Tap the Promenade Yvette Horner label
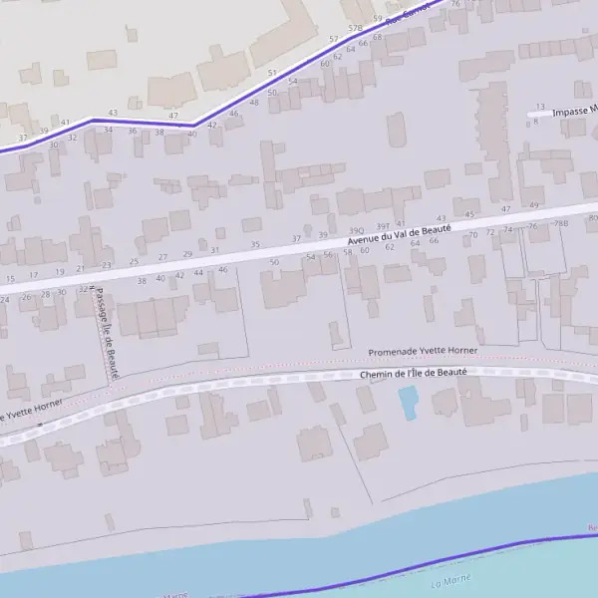(423, 352)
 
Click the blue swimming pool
(408, 403)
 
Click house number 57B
(356, 29)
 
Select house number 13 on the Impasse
(540, 107)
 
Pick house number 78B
(561, 223)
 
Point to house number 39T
(384, 227)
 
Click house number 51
(272, 73)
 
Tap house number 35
(255, 244)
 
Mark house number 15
(10, 278)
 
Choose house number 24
(5, 299)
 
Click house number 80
(593, 218)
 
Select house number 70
(473, 235)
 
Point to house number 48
(254, 103)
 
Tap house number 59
(377, 18)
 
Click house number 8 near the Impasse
(535, 122)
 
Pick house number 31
(214, 250)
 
